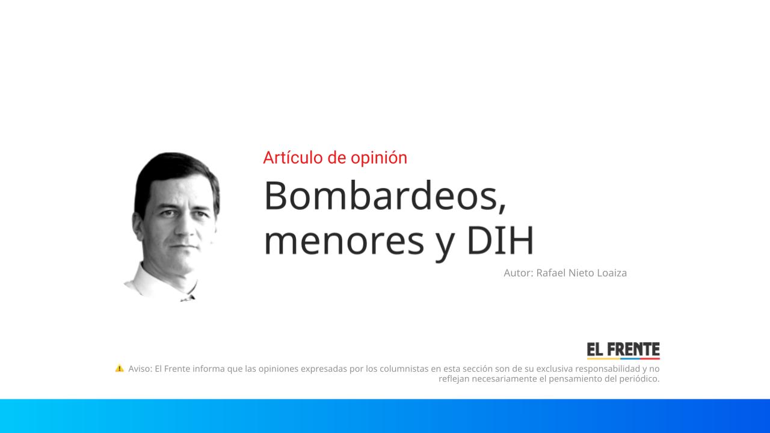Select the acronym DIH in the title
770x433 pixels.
[x=500, y=240]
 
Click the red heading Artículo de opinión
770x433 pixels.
[x=335, y=158]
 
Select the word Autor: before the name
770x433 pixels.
[x=518, y=273]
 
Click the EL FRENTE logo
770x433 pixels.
[x=623, y=351]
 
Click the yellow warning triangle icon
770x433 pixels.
[x=119, y=368]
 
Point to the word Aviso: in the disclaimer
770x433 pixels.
[x=140, y=369]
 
